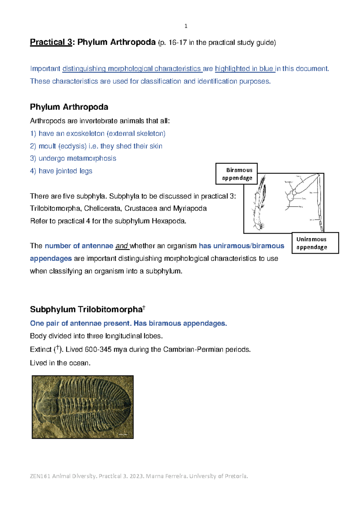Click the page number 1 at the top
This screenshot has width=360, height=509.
tap(186, 26)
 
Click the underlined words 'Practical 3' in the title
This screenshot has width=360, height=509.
tap(51, 42)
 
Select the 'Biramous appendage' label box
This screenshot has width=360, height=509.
tap(237, 174)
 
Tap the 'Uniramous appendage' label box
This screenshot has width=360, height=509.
tap(315, 243)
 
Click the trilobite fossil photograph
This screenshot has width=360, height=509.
tap(82, 407)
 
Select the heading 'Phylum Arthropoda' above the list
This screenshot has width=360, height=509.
tap(69, 107)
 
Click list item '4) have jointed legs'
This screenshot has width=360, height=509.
tap(61, 171)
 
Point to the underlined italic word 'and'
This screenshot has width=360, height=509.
tap(122, 246)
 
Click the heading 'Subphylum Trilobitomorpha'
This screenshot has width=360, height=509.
tap(86, 309)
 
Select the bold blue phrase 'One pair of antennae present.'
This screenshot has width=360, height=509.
tap(81, 324)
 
